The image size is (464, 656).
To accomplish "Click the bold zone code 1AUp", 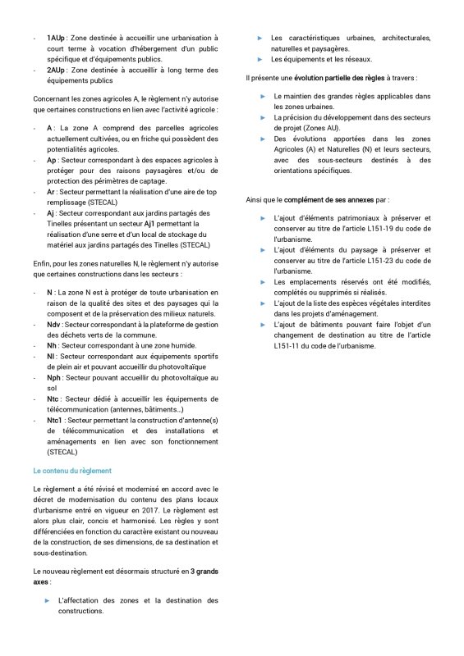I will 57,39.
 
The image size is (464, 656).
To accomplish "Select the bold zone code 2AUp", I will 57,71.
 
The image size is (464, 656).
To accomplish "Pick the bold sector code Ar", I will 51,192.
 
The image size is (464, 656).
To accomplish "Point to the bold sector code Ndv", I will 54,325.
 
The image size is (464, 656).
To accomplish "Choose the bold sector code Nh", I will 51,346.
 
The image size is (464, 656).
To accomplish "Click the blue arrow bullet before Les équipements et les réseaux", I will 259,60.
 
